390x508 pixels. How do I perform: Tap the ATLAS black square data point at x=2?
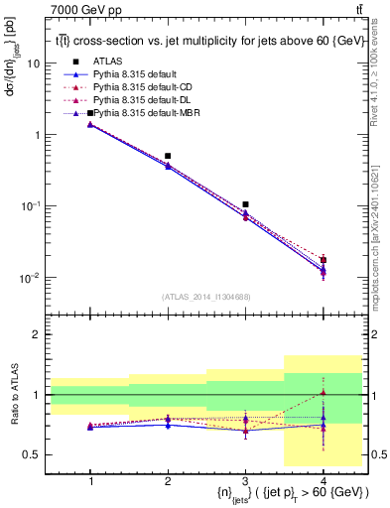169,156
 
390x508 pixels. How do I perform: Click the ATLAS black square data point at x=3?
245,204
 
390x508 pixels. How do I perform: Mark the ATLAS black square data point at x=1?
91,113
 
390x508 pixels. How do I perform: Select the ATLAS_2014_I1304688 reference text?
207,296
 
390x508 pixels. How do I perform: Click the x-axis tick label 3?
245,478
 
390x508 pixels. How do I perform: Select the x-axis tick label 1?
91,478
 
